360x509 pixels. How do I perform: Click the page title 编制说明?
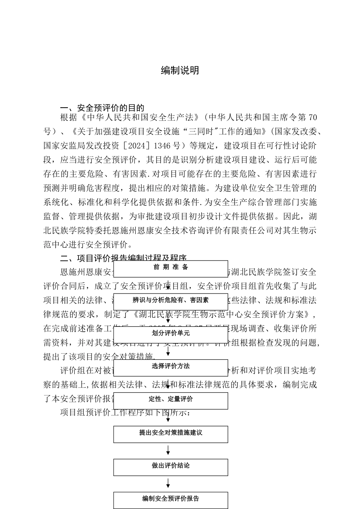180,70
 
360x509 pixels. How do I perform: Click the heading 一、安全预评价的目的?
102,108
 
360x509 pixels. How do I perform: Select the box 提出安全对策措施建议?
171,434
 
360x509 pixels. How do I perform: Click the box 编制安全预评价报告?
171,500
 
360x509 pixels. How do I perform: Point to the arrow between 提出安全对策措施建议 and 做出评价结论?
168,450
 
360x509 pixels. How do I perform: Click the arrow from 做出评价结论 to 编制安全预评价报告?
168,483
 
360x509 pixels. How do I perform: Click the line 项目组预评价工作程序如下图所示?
123,412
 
